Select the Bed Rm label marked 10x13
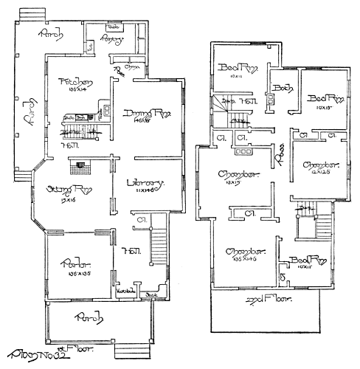click(325, 99)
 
